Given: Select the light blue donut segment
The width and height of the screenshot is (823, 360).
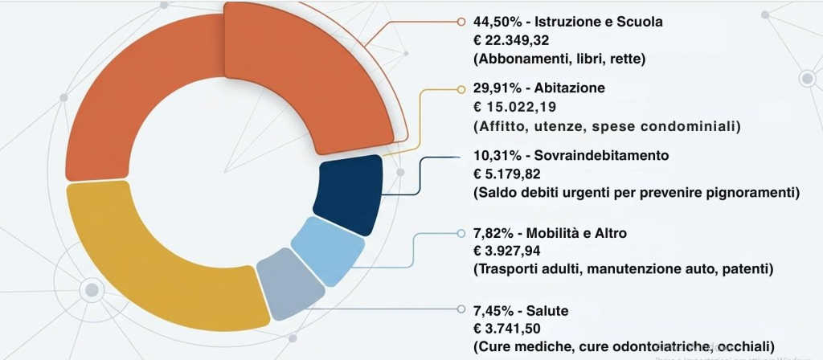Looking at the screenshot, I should (x=328, y=248).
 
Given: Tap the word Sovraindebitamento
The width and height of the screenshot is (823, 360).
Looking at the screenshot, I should (x=596, y=154).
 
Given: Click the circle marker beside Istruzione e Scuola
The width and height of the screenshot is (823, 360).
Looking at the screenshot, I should (x=461, y=22).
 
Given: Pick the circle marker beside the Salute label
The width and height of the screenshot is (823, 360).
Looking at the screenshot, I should (x=461, y=309).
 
